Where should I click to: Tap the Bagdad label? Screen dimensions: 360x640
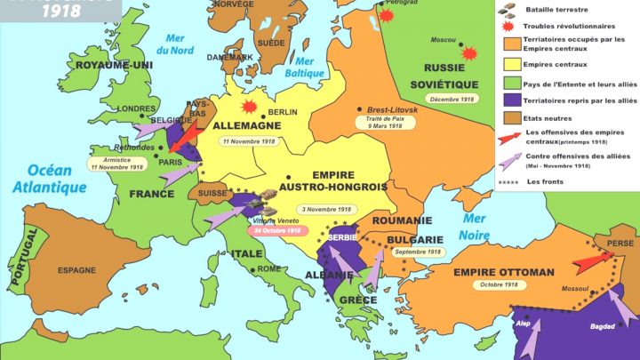(602, 326)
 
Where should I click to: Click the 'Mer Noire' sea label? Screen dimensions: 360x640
(475, 227)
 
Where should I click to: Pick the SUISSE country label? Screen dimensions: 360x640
(213, 191)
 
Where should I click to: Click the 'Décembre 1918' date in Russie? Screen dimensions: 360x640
(455, 99)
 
